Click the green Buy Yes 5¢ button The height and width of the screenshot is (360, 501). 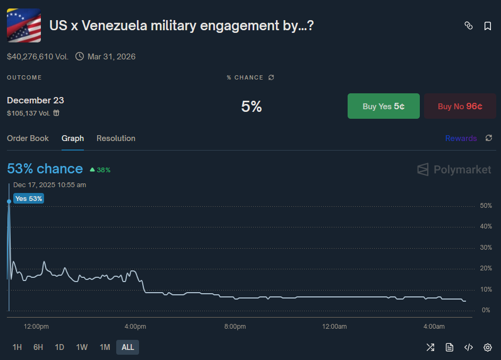click(383, 106)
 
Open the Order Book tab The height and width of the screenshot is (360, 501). click(28, 138)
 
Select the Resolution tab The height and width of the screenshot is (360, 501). click(116, 138)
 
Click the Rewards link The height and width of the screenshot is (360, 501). click(461, 138)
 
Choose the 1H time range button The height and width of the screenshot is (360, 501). click(17, 347)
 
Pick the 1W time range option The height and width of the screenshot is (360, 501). click(82, 347)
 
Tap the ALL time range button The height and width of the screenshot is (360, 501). click(127, 347)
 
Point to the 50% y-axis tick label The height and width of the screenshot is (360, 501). click(486, 206)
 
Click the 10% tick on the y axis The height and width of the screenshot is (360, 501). click(486, 289)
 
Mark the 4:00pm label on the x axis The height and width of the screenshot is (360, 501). click(135, 327)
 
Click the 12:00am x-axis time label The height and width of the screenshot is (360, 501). click(334, 327)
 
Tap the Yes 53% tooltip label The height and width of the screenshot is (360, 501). click(29, 198)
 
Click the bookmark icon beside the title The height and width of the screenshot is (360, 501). click(488, 26)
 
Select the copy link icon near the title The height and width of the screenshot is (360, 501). click(469, 26)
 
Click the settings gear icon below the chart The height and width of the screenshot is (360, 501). click(488, 347)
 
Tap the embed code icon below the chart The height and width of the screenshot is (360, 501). click(469, 347)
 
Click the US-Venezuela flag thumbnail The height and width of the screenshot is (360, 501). click(24, 25)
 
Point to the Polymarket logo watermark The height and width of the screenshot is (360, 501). click(454, 170)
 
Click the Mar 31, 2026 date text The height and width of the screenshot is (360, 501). click(111, 56)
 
